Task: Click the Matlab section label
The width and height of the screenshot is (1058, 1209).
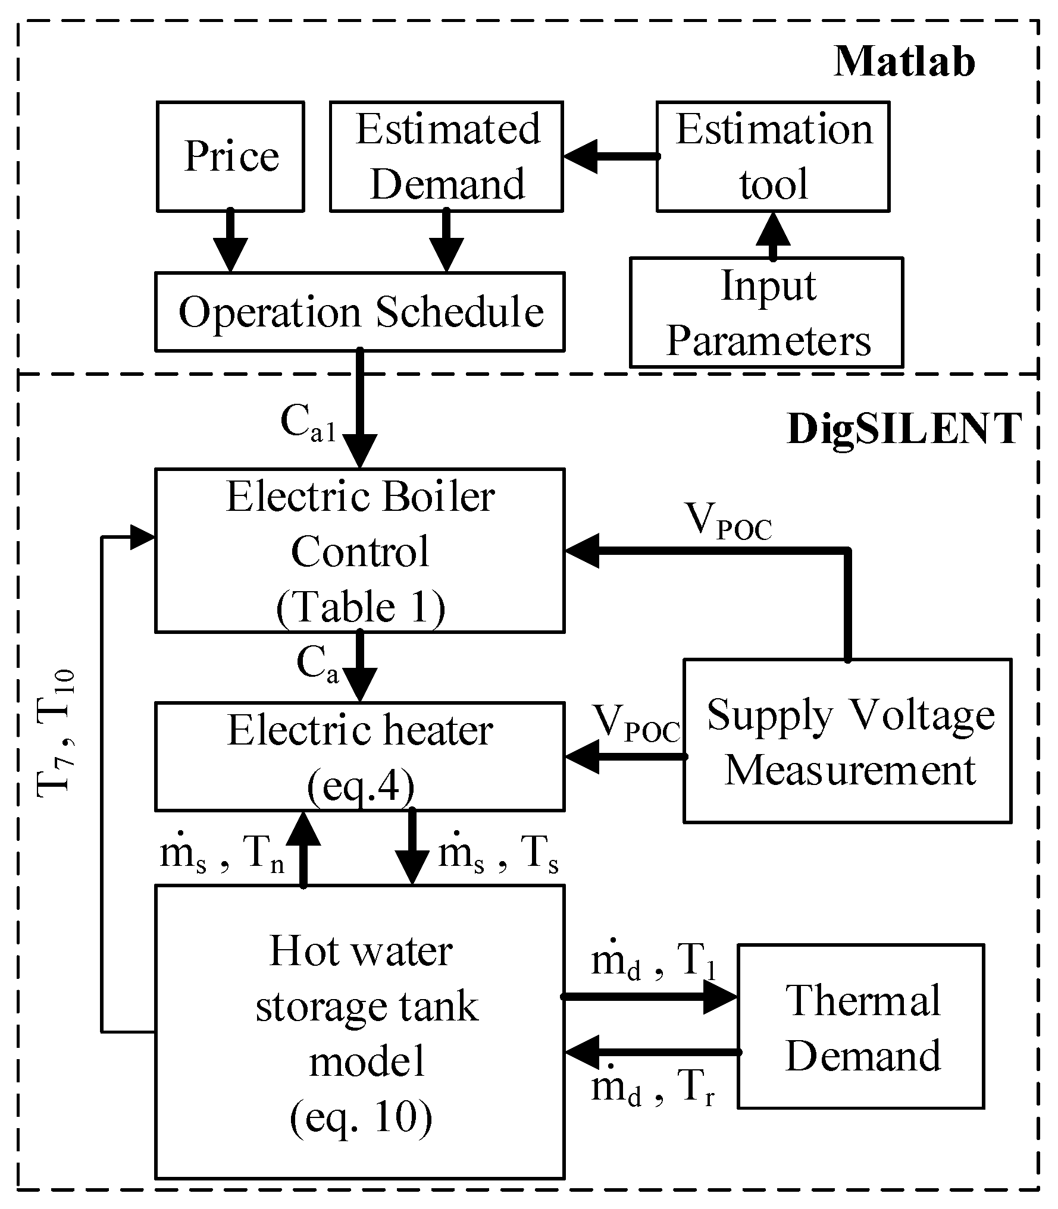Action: [x=904, y=61]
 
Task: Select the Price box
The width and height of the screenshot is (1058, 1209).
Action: [x=231, y=156]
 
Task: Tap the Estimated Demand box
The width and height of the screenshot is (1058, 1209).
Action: [x=446, y=156]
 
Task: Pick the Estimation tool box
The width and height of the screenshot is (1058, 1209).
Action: [x=773, y=156]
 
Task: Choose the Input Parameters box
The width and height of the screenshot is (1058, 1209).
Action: [x=766, y=312]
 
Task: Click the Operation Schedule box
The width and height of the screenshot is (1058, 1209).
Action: [x=360, y=312]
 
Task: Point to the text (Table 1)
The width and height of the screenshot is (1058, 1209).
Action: [x=361, y=607]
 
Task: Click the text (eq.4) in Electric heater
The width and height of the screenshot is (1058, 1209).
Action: [x=361, y=787]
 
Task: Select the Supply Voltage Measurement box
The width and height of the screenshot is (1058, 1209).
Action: [x=847, y=741]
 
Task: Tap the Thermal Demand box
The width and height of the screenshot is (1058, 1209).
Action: [x=860, y=1026]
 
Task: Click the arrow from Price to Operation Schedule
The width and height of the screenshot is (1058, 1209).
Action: [x=231, y=241]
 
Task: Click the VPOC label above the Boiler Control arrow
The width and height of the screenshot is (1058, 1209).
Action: [x=728, y=522]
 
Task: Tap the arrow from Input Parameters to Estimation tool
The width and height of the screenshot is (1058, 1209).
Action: [x=773, y=235]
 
